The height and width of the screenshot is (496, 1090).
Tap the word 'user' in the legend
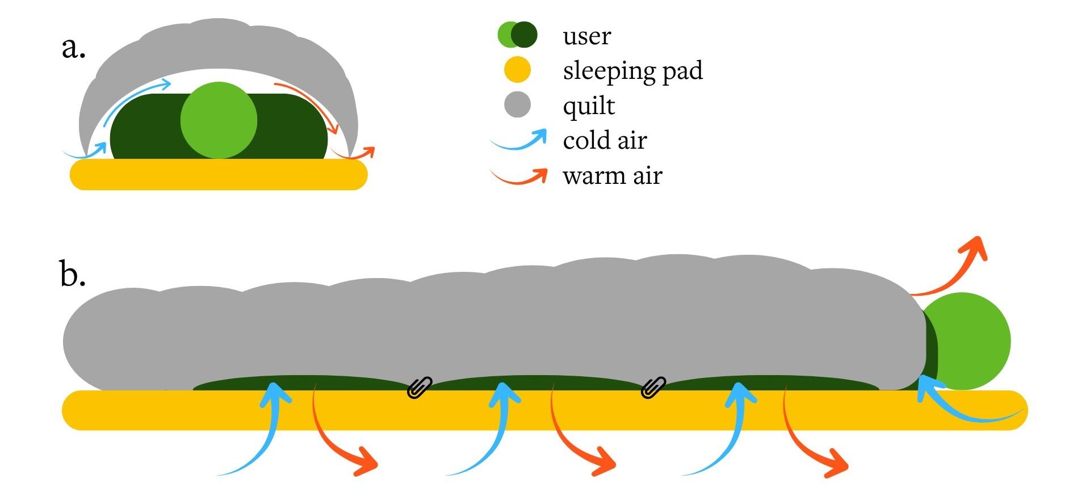coord(586,36)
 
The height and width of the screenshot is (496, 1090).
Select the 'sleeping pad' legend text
coord(632,71)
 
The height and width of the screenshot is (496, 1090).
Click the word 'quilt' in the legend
coord(589,106)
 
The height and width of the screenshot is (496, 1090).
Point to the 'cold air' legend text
coord(605,141)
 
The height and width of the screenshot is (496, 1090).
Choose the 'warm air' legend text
coord(612,176)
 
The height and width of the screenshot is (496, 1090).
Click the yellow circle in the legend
coord(517,70)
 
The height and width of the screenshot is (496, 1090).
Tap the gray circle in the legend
coord(517,105)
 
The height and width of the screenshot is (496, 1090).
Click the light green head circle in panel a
coord(219,120)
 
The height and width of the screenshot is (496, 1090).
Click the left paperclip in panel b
coord(420,388)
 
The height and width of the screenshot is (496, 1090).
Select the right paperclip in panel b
coord(653,388)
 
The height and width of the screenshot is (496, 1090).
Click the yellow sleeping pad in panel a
coord(219,174)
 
